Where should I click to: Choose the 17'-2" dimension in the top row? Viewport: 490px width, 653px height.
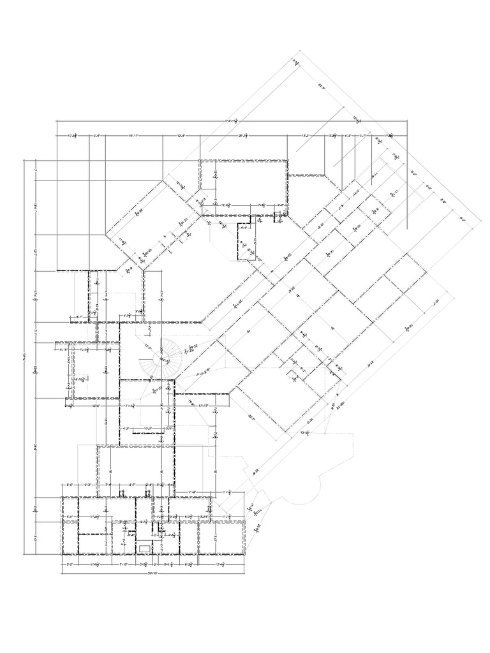pos(306,136)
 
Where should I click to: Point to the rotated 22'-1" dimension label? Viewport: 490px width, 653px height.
pos(251,418)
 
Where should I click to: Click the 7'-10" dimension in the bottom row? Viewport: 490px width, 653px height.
pos(125,564)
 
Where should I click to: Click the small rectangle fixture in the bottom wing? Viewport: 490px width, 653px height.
pos(145,547)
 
